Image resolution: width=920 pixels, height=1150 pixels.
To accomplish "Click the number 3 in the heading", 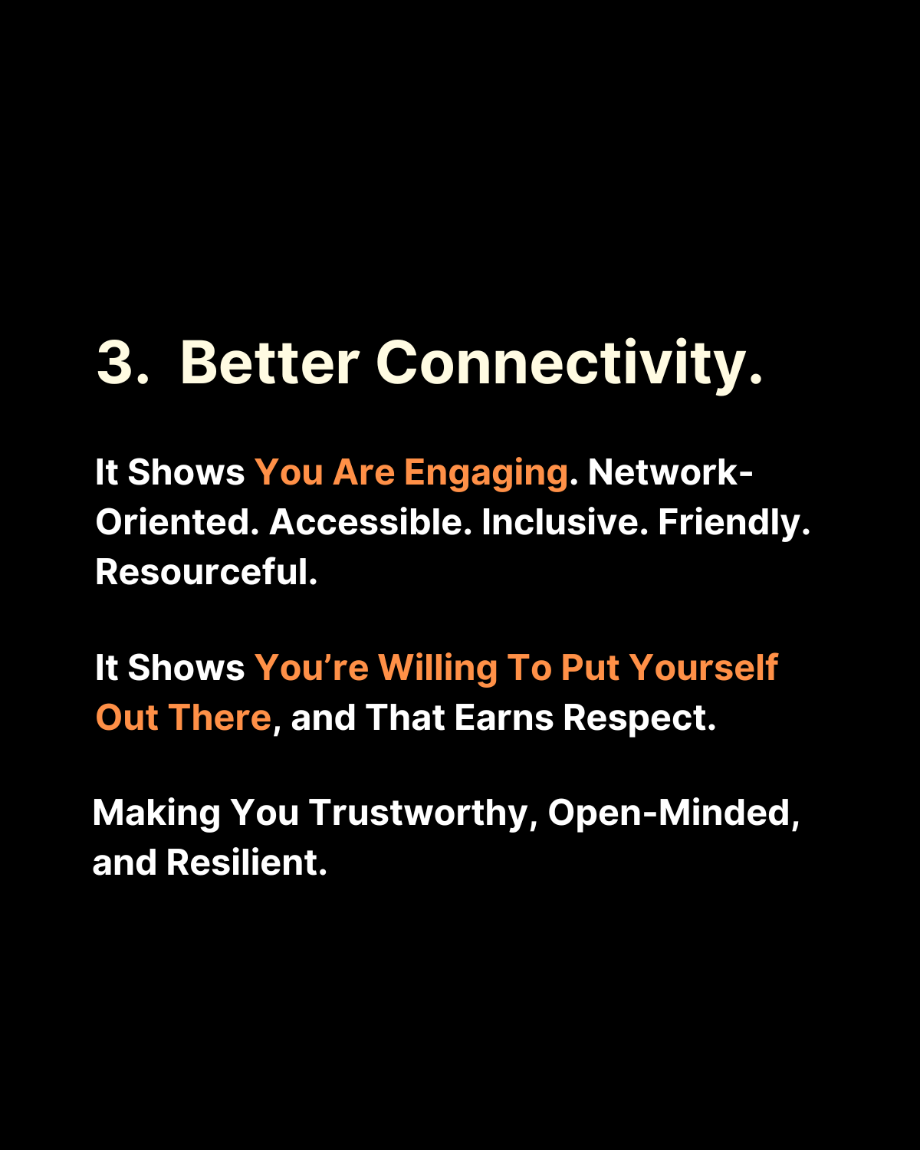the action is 115,362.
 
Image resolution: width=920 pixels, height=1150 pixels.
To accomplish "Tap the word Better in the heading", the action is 269,362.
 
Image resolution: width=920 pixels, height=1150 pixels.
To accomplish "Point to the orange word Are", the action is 363,472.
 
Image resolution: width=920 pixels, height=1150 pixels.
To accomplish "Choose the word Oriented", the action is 173,521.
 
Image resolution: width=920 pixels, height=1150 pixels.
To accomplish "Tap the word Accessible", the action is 366,521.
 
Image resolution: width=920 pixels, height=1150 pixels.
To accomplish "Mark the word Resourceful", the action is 202,571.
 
